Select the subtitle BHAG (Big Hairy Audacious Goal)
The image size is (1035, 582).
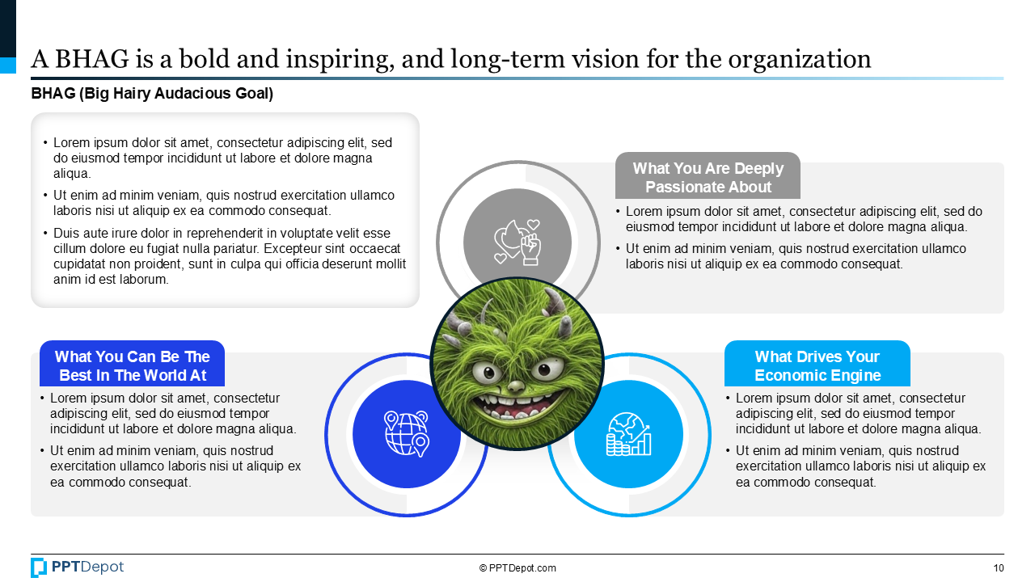(x=152, y=94)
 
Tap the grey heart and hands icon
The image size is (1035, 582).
(x=517, y=242)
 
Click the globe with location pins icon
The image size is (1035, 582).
(x=406, y=433)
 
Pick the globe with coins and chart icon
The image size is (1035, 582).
(x=628, y=434)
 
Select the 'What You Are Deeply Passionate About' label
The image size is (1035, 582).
(x=708, y=178)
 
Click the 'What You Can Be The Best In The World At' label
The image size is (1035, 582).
(x=132, y=365)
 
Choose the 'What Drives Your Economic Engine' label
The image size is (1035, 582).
(x=817, y=365)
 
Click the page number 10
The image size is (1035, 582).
(x=999, y=568)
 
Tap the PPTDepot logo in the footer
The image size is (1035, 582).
(x=78, y=567)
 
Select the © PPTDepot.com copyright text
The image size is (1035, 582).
(x=517, y=568)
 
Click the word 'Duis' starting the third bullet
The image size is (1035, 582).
(x=66, y=234)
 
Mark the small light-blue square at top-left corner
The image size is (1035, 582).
(x=8, y=65)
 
